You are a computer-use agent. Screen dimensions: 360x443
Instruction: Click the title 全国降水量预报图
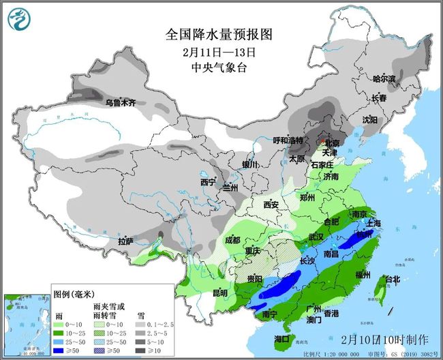pyautogui.click(x=220, y=34)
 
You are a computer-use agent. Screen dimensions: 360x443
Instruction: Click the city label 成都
pyautogui.click(x=232, y=240)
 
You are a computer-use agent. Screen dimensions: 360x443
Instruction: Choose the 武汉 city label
pyautogui.click(x=316, y=236)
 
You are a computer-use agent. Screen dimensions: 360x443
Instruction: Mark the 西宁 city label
pyautogui.click(x=207, y=183)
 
